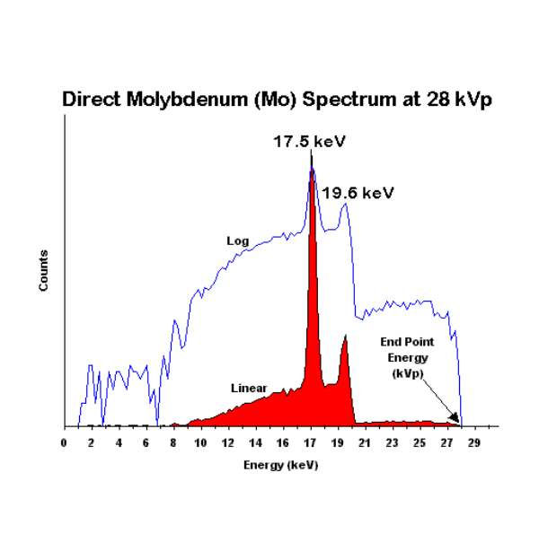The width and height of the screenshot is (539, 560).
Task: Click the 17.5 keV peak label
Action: [310, 142]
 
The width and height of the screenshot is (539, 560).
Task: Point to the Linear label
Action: [248, 389]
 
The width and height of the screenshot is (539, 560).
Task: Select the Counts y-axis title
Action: [43, 270]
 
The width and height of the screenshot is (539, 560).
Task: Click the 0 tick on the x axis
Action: [64, 443]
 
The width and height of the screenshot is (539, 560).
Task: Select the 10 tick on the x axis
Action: [200, 443]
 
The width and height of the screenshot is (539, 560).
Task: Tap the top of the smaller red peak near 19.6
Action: [345, 336]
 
